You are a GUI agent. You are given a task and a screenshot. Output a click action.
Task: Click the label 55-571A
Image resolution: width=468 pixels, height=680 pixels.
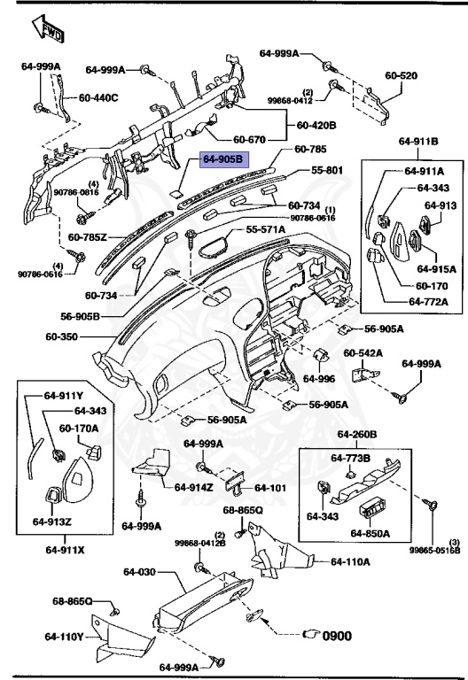(266, 229)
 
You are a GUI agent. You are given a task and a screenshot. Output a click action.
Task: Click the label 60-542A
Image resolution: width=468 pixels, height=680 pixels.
(363, 352)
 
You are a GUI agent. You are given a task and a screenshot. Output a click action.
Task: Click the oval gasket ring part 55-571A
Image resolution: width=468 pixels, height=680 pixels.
(213, 240)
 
